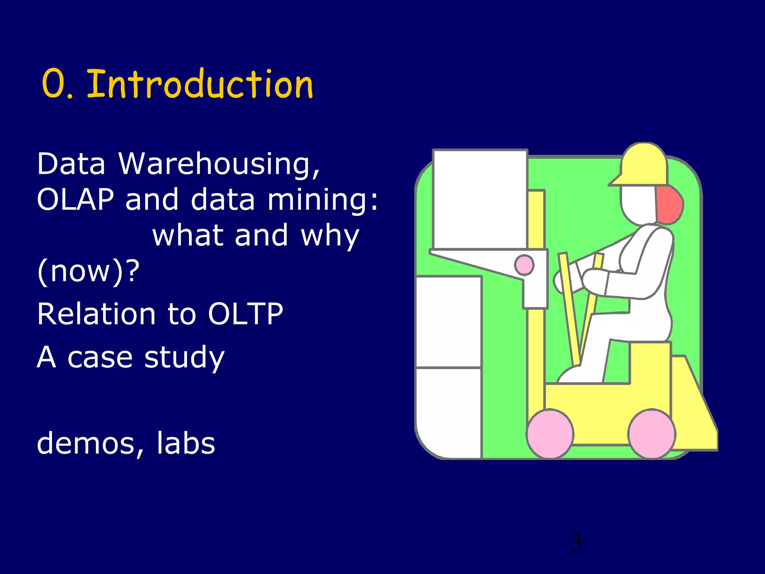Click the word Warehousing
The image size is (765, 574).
pyautogui.click(x=219, y=164)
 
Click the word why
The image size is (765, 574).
pyautogui.click(x=330, y=236)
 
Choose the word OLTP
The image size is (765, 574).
pyautogui.click(x=245, y=314)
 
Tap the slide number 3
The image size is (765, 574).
pyautogui.click(x=576, y=543)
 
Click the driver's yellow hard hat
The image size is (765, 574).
pyautogui.click(x=642, y=164)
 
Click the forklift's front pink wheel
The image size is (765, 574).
pyautogui.click(x=549, y=434)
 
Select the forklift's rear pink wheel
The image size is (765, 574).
pyautogui.click(x=652, y=433)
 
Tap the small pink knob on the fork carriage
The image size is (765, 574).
pyautogui.click(x=524, y=265)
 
